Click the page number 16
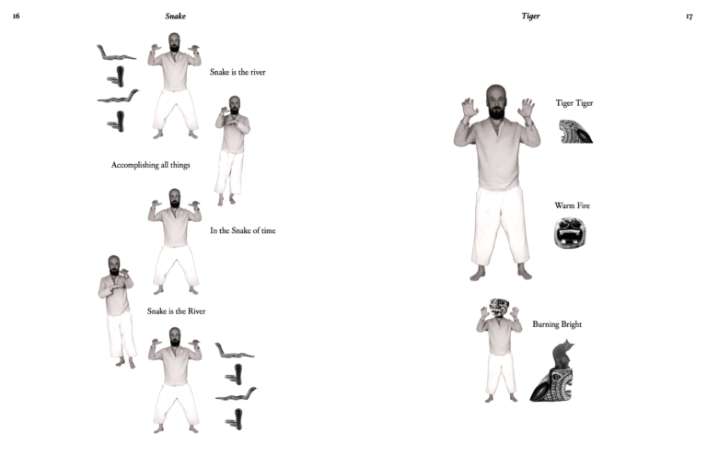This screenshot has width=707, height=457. click(17, 16)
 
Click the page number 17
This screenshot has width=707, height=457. click(689, 17)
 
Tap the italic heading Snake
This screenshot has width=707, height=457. click(176, 17)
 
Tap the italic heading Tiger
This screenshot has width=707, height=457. click(530, 17)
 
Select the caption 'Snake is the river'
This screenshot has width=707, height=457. click(238, 72)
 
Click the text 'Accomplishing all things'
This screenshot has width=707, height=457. click(151, 165)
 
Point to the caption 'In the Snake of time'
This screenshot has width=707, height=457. click(243, 230)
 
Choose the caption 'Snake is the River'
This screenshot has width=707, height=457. click(177, 311)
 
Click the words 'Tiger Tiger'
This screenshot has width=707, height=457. click(574, 103)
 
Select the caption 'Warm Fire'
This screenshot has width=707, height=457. click(573, 205)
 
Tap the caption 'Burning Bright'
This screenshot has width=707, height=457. click(557, 324)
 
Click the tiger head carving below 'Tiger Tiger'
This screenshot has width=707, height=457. click(575, 131)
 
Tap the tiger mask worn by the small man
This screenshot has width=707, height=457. click(499, 307)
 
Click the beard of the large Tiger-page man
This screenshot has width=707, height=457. click(496, 112)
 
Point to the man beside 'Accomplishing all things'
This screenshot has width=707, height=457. click(232, 151)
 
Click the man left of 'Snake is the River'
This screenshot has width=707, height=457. click(117, 311)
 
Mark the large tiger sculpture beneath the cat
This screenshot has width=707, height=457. click(552, 385)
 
